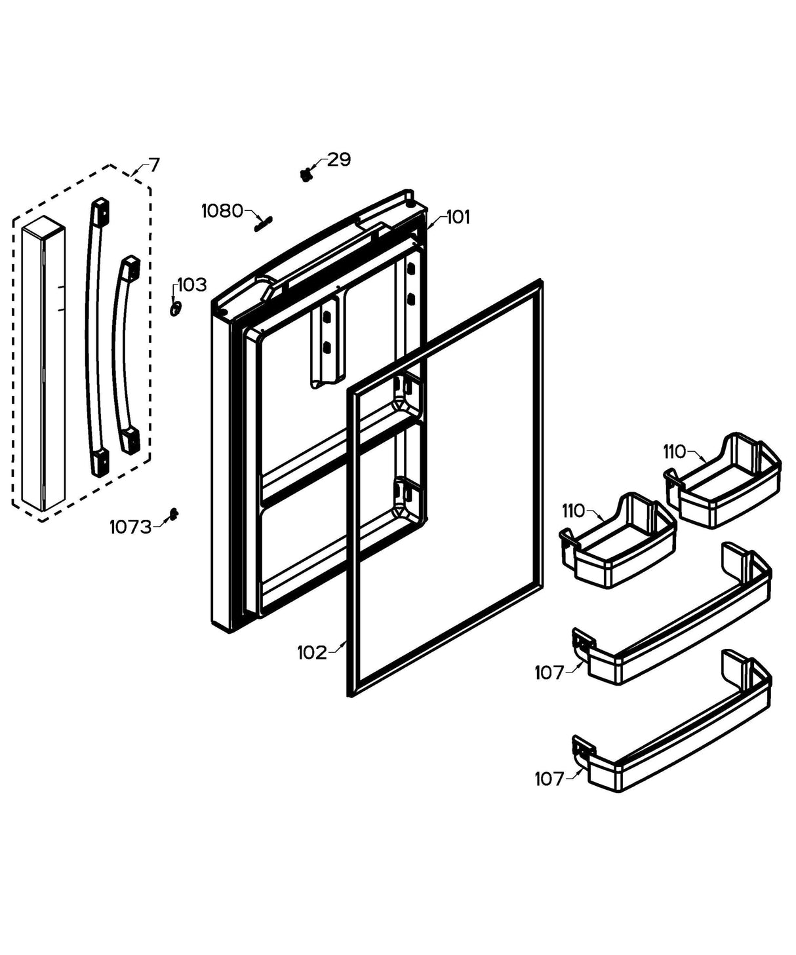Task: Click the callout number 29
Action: pyautogui.click(x=339, y=159)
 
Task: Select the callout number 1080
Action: pyautogui.click(x=222, y=211)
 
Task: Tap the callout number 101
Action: pyautogui.click(x=458, y=217)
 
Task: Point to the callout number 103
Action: pyautogui.click(x=192, y=284)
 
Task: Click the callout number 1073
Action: pyautogui.click(x=130, y=526)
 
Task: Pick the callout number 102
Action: pyautogui.click(x=311, y=652)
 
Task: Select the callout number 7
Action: pyautogui.click(x=153, y=164)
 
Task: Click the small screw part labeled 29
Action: pyautogui.click(x=306, y=174)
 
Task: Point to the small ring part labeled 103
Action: pyautogui.click(x=175, y=308)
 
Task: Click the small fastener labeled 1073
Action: pyautogui.click(x=173, y=514)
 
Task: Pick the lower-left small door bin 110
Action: pyautogui.click(x=616, y=547)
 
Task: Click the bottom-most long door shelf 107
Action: pyautogui.click(x=675, y=754)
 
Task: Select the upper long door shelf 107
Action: pyautogui.click(x=675, y=646)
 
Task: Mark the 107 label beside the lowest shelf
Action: pyautogui.click(x=549, y=779)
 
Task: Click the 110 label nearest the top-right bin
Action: pyautogui.click(x=674, y=452)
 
